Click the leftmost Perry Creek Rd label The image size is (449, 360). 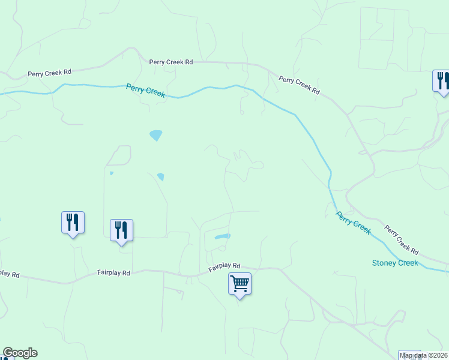(x=49, y=73)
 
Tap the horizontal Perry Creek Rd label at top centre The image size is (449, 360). (x=171, y=62)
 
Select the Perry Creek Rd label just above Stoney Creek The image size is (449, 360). (x=401, y=239)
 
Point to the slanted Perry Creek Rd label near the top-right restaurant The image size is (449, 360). (x=299, y=84)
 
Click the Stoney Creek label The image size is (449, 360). (x=395, y=263)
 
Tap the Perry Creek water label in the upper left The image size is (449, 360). (x=145, y=91)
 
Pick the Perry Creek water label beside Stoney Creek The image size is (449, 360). (x=353, y=222)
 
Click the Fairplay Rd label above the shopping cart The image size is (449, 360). (x=224, y=266)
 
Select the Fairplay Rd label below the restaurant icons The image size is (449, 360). (x=113, y=272)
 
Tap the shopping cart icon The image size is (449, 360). (x=240, y=283)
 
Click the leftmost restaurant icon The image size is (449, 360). (x=73, y=222)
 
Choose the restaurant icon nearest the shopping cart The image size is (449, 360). (x=121, y=230)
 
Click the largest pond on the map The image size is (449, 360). (x=156, y=135)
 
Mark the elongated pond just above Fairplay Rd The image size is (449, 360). (x=221, y=236)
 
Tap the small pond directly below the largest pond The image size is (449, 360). (x=161, y=176)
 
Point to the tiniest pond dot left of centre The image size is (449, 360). (x=112, y=174)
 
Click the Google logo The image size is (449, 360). (x=20, y=353)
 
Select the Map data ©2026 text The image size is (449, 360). (x=423, y=355)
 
